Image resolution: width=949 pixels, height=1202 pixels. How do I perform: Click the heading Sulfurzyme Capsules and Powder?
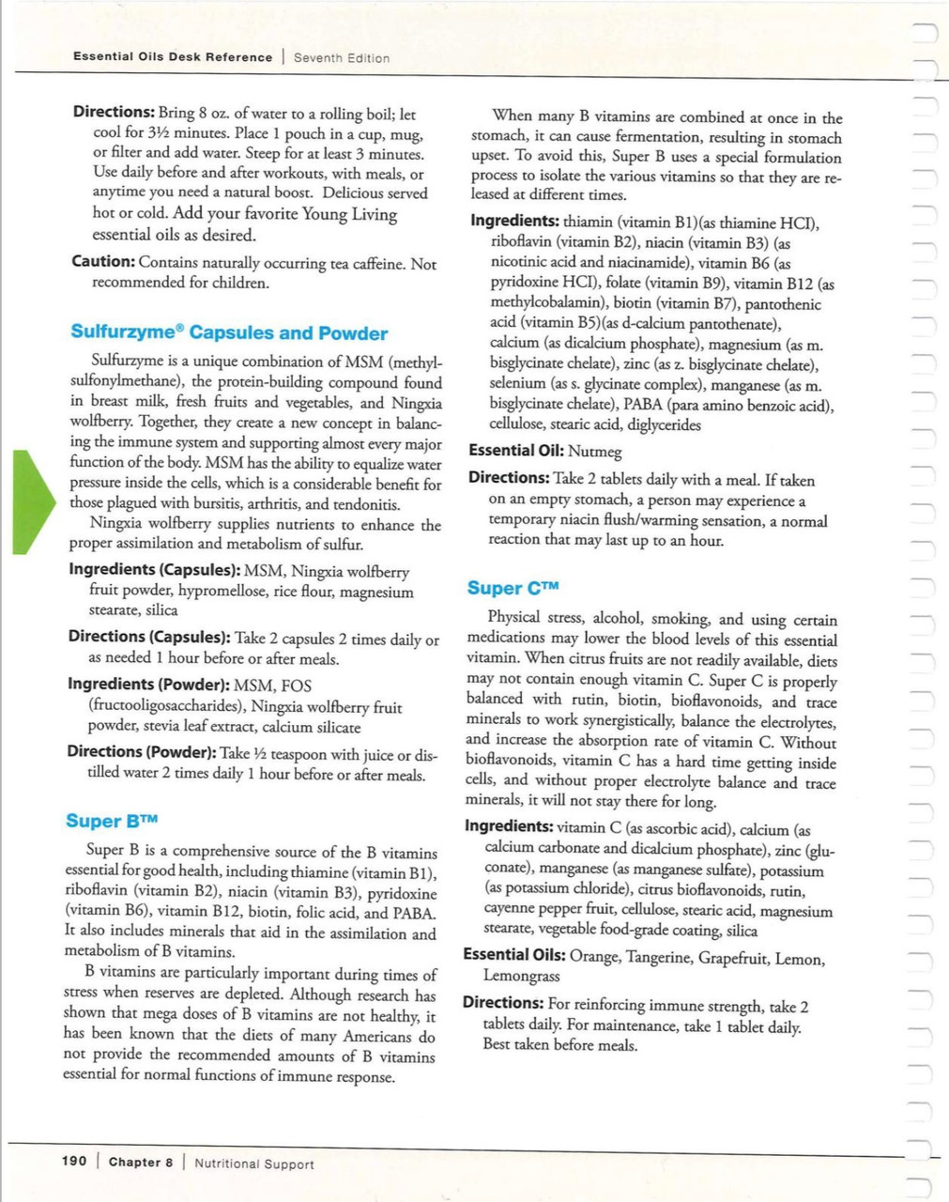[x=229, y=333]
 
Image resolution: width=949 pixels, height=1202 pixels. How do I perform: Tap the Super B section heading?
[x=107, y=822]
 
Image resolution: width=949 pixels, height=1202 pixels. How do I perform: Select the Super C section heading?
[x=513, y=589]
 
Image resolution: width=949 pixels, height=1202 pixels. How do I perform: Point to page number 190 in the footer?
[x=74, y=1162]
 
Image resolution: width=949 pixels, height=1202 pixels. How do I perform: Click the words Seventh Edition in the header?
[x=342, y=58]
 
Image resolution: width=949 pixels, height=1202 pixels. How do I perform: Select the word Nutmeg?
[x=595, y=452]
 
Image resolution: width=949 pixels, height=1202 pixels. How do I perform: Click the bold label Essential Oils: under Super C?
[x=514, y=955]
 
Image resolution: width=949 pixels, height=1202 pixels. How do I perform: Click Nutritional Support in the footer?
[x=254, y=1164]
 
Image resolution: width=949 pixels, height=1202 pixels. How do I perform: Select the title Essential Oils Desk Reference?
[x=173, y=57]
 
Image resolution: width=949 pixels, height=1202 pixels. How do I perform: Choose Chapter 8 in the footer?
[x=141, y=1163]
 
